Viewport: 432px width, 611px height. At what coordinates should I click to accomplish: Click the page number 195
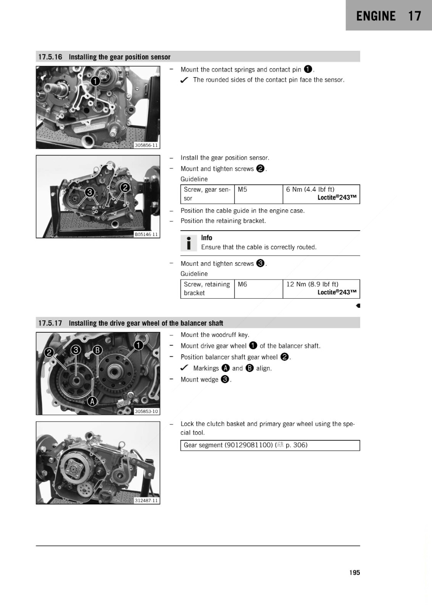pyautogui.click(x=354, y=572)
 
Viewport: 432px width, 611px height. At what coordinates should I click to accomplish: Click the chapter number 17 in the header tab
pyautogui.click(x=414, y=16)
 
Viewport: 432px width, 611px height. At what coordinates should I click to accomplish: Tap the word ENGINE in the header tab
pyautogui.click(x=376, y=16)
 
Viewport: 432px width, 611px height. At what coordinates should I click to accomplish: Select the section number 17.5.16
pyautogui.click(x=50, y=57)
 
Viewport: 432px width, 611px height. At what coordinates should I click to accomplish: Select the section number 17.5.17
pyautogui.click(x=50, y=323)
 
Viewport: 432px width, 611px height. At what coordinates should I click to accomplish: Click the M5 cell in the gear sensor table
pyautogui.click(x=242, y=189)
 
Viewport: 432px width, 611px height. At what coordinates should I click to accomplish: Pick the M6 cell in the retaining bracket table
pyautogui.click(x=242, y=284)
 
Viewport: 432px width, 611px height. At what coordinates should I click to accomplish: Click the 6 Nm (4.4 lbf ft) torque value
pyautogui.click(x=310, y=189)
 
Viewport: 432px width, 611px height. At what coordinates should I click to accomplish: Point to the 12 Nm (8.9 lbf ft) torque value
pyautogui.click(x=312, y=284)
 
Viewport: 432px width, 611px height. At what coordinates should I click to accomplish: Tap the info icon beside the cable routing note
pyautogui.click(x=189, y=243)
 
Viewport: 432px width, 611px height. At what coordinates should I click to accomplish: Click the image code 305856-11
pyautogui.click(x=147, y=145)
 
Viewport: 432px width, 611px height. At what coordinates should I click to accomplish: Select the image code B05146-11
pyautogui.click(x=146, y=234)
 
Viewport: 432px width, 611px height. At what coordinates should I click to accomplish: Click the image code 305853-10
pyautogui.click(x=147, y=411)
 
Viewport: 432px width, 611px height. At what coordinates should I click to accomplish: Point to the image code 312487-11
pyautogui.click(x=147, y=501)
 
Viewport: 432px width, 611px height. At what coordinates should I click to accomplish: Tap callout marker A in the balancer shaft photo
pyautogui.click(x=92, y=401)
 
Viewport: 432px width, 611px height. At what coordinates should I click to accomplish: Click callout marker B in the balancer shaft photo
pyautogui.click(x=97, y=350)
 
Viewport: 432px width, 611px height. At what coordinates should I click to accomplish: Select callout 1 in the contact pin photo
pyautogui.click(x=95, y=81)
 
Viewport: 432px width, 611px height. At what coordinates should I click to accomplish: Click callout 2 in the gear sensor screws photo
pyautogui.click(x=125, y=188)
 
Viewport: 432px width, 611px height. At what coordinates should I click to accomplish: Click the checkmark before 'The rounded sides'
pyautogui.click(x=184, y=80)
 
